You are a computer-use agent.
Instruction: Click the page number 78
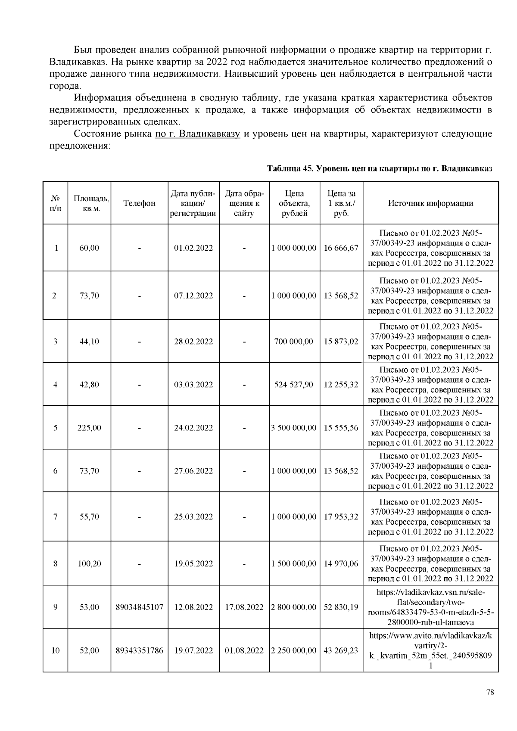pos(490,692)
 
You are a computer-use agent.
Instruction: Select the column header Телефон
pos(139,203)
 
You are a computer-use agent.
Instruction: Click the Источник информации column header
pos(430,203)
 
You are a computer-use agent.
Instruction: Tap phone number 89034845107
pos(139,607)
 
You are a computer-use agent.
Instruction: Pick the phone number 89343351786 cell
pos(139,650)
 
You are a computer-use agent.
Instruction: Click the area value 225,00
pos(89,428)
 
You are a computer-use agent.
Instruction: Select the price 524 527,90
pos(294,385)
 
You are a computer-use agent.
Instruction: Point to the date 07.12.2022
pos(193,296)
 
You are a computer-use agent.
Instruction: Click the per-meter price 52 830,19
pos(341,607)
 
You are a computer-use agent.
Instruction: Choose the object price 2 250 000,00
pos(294,650)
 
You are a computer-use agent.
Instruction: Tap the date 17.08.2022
pos(244,607)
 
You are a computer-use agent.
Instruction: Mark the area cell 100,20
pos(89,563)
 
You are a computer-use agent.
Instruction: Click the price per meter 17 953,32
pos(341,516)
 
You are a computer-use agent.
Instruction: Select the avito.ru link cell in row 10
pos(430,650)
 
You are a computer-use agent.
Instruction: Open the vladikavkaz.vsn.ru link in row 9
pos(430,607)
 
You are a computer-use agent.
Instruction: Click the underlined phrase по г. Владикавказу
pos(197,134)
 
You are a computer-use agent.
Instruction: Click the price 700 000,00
pos(294,342)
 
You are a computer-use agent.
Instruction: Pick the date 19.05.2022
pos(193,563)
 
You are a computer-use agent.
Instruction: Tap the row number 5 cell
pos(55,428)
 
